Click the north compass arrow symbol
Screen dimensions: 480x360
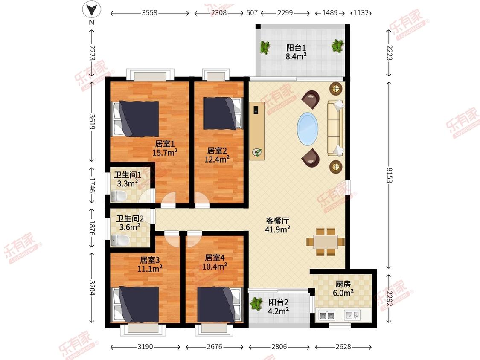point(92,9)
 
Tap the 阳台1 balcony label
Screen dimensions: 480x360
point(296,48)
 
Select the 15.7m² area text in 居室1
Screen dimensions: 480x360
point(165,152)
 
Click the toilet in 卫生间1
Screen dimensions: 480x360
point(119,196)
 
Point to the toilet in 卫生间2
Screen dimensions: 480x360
point(119,240)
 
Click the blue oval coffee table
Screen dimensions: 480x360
point(308,129)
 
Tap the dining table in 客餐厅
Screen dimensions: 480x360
point(326,241)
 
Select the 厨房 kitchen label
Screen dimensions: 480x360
point(343,285)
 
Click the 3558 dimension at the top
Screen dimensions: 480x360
point(149,13)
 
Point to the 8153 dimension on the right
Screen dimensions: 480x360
point(389,175)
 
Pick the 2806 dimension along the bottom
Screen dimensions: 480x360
point(279,347)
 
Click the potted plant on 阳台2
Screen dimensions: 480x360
point(256,303)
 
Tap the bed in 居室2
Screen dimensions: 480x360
point(223,113)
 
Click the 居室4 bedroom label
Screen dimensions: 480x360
point(215,258)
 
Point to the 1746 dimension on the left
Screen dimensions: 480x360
point(92,185)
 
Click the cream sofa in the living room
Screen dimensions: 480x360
point(335,128)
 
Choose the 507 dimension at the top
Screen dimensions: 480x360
point(252,13)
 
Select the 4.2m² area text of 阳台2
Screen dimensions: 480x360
point(279,311)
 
